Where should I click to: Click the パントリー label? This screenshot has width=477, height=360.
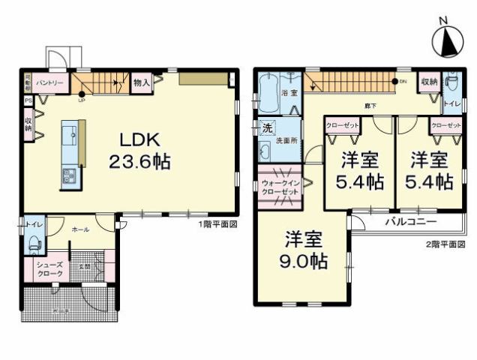(49, 81)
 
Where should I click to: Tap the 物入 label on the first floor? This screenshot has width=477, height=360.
(140, 82)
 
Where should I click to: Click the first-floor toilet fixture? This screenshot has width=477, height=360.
(31, 244)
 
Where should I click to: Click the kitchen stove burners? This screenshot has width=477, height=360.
(69, 177)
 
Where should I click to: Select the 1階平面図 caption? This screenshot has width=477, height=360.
(217, 224)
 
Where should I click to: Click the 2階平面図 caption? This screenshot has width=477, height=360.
(447, 245)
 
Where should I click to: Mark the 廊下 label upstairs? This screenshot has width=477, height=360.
(370, 105)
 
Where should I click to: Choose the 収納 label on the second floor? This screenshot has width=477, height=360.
(428, 81)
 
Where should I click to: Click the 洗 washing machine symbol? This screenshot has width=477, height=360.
(265, 127)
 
